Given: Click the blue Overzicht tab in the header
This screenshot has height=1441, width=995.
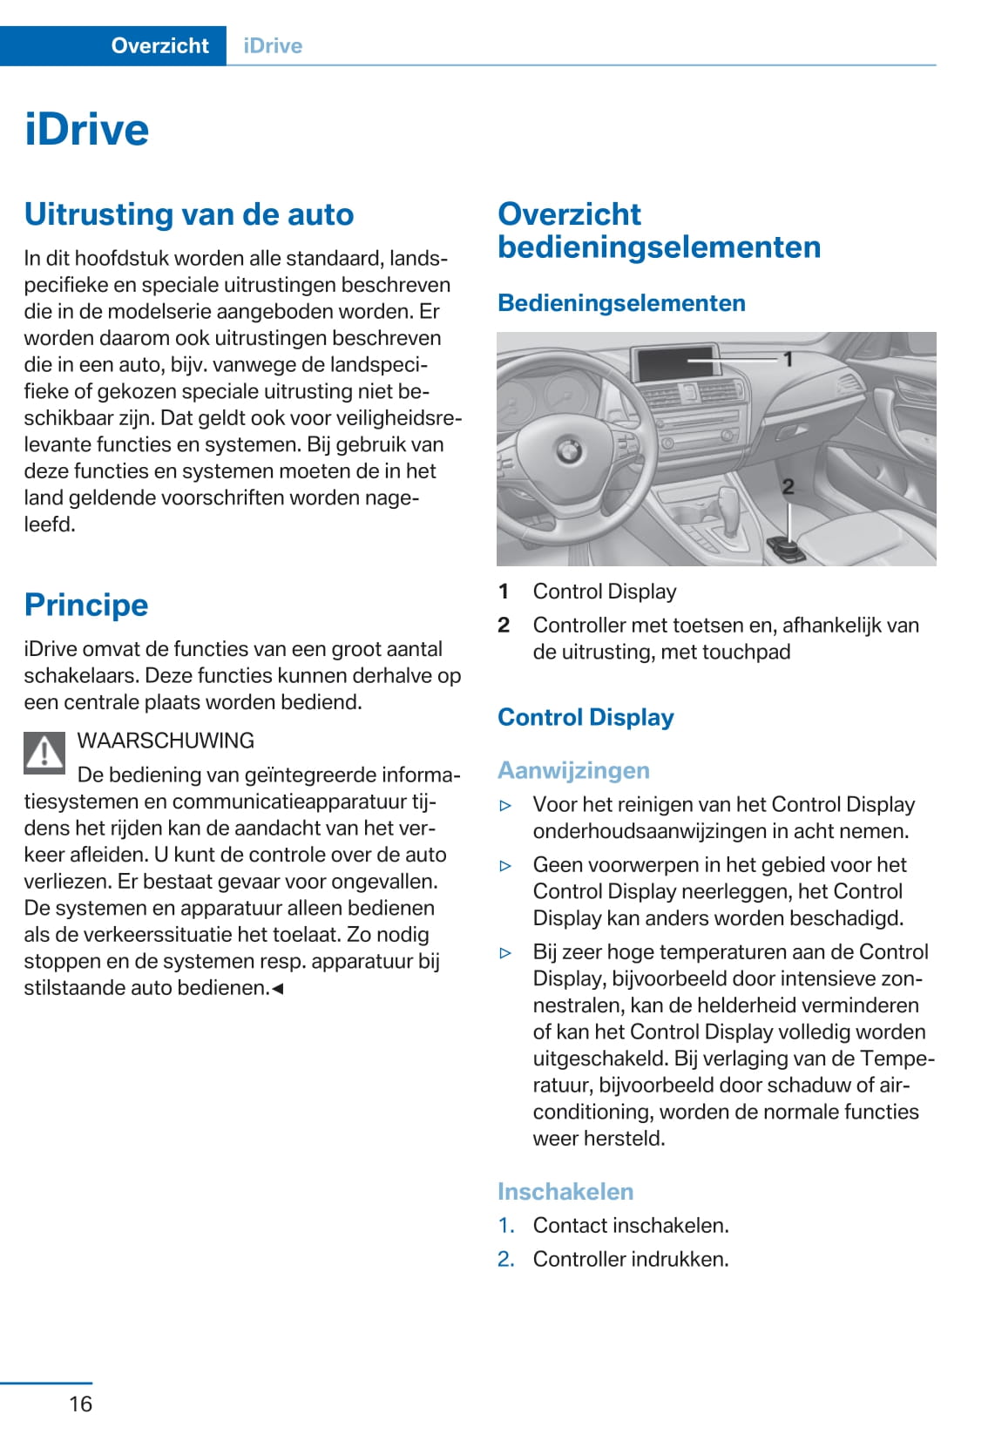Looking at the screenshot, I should [x=159, y=46].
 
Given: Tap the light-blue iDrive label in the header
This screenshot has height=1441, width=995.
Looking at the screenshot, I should [x=273, y=46].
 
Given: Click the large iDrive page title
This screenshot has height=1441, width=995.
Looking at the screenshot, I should [x=87, y=130].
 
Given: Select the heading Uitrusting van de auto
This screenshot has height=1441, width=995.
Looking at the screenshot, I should [x=189, y=214].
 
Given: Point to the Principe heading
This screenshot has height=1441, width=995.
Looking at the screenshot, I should [x=86, y=605].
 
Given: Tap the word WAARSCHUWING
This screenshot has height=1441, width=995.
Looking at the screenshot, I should [x=166, y=741].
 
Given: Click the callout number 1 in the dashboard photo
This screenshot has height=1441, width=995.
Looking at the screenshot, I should [x=788, y=358].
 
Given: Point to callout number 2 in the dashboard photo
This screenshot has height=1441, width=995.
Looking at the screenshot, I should [x=788, y=487].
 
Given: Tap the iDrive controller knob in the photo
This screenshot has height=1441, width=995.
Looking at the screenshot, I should [x=786, y=549].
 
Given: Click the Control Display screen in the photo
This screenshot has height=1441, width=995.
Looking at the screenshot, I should [x=674, y=362].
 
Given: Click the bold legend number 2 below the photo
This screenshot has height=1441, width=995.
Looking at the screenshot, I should [x=504, y=626].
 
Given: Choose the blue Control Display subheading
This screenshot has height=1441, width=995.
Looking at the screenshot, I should [x=585, y=718].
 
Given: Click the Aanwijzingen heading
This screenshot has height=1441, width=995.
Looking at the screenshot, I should [x=573, y=771].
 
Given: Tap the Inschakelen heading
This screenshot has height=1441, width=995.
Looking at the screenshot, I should [x=565, y=1192].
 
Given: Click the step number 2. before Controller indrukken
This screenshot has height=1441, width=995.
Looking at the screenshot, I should [x=506, y=1259].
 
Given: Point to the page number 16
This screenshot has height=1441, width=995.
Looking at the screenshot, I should [x=80, y=1404].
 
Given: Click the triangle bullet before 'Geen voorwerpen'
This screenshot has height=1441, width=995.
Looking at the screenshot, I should [x=505, y=866].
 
